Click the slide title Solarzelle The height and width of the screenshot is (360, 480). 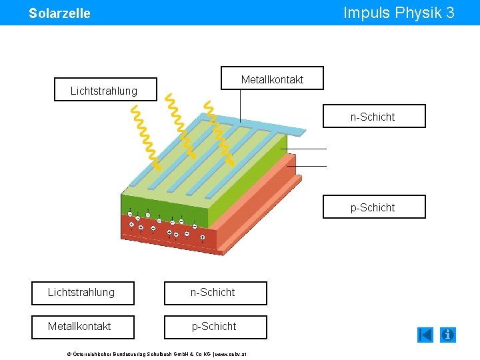[59, 13]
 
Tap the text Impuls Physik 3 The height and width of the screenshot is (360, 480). [399, 13]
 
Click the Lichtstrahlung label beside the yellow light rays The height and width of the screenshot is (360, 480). [105, 90]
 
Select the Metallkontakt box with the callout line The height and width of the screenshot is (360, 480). [272, 79]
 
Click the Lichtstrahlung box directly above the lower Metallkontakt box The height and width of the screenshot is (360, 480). [82, 293]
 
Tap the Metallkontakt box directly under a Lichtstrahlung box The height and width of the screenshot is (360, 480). [82, 327]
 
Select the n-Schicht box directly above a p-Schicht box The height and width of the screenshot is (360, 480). [215, 293]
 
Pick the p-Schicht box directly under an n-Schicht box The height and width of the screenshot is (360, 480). [215, 327]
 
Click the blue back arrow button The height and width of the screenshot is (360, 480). [425, 335]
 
